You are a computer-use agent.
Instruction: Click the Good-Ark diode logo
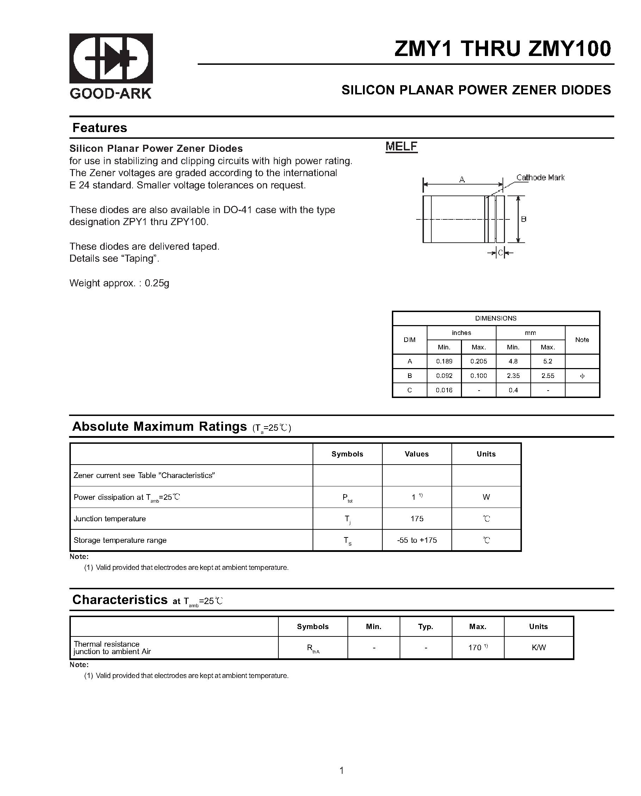(x=111, y=58)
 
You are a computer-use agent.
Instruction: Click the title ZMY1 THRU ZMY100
(x=503, y=48)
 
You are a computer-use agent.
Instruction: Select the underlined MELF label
(x=401, y=147)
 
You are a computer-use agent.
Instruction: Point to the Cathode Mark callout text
(x=540, y=178)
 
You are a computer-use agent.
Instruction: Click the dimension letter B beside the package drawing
(x=524, y=219)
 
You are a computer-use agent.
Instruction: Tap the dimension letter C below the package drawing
(x=500, y=253)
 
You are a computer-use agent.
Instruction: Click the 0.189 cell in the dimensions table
(x=444, y=361)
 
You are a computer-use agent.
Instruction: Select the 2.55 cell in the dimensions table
(x=548, y=376)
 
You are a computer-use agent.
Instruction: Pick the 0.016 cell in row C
(x=444, y=390)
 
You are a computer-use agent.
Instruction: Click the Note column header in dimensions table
(x=582, y=340)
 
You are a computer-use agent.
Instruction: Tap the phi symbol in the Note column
(x=582, y=376)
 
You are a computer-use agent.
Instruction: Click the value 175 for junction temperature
(x=417, y=519)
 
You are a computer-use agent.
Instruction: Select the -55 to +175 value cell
(x=417, y=540)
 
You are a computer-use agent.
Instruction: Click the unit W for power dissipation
(x=486, y=497)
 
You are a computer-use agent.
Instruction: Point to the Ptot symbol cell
(x=347, y=498)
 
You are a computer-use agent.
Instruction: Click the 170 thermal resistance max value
(x=475, y=648)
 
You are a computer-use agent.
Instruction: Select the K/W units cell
(x=538, y=648)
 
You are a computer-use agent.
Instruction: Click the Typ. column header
(x=426, y=627)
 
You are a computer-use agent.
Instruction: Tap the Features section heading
(x=100, y=128)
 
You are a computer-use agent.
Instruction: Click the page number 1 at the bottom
(x=341, y=770)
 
